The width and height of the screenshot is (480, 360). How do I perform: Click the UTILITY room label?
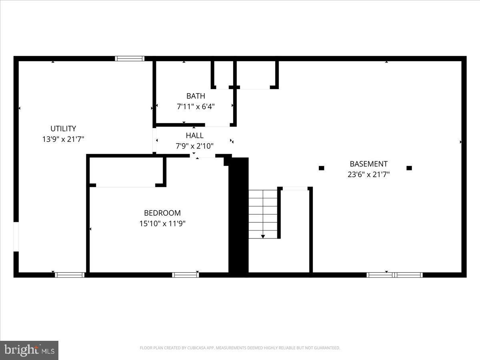[x=63, y=129]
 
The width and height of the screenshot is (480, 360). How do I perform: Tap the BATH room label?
[x=196, y=96]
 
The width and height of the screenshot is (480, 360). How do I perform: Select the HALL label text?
[x=194, y=136]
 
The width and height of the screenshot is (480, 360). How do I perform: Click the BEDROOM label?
[x=162, y=213]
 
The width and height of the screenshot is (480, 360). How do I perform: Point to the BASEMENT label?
[x=368, y=164]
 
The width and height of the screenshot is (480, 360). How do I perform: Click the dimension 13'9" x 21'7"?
[x=63, y=139]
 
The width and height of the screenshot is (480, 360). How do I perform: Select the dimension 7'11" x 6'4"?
[x=196, y=107]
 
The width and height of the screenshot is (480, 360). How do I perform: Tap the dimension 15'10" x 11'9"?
[x=162, y=224]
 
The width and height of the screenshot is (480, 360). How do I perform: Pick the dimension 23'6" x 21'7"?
[x=368, y=174]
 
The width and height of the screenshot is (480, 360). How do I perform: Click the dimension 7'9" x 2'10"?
[x=194, y=146]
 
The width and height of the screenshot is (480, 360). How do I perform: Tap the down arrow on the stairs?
[x=263, y=236]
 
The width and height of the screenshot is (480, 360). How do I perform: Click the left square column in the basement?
[x=321, y=168]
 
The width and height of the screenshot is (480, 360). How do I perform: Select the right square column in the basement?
[x=409, y=168]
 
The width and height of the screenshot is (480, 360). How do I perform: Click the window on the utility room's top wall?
[x=130, y=58]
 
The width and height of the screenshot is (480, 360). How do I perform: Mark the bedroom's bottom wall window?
[x=186, y=275]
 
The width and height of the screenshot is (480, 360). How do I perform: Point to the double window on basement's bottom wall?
[x=395, y=275]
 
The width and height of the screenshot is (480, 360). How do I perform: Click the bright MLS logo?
[x=29, y=350]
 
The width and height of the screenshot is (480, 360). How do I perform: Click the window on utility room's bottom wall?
[x=70, y=275]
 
